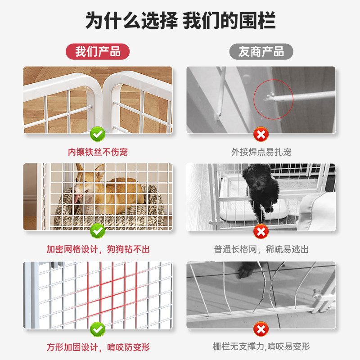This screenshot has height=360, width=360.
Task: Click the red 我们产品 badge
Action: click(98, 51)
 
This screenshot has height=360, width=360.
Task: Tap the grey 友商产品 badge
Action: click(261, 51)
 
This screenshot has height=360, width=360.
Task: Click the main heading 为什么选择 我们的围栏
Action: click(180, 20)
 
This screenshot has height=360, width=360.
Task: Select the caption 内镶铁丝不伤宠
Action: click(98, 152)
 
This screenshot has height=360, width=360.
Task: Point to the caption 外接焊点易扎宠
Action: click(261, 152)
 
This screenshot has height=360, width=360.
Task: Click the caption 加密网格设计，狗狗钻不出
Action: click(98, 249)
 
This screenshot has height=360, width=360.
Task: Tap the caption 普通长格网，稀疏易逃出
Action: click(261, 249)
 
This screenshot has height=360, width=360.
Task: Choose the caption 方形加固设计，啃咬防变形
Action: click(98, 347)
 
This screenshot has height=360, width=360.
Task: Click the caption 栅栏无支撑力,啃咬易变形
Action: click(261, 347)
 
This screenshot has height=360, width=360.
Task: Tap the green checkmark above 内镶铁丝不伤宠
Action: click(98, 134)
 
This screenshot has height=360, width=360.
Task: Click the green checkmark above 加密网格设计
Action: click(98, 231)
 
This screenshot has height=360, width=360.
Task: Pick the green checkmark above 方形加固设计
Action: click(98, 328)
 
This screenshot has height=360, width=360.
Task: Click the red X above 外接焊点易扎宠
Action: click(261, 134)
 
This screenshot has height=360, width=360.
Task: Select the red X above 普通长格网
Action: click(261, 231)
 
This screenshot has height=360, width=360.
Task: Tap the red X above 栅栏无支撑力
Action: click(261, 328)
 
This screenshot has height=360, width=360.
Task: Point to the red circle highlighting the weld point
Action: click(273, 99)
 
